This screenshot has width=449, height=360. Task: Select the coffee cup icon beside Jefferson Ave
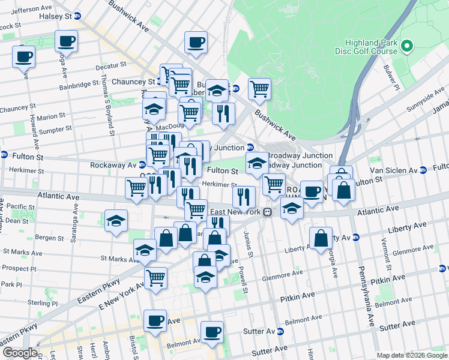tap(67, 41)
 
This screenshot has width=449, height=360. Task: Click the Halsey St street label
tap(59, 17)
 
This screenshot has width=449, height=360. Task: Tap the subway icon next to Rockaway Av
tap(143, 165)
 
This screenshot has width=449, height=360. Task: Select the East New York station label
tap(234, 212)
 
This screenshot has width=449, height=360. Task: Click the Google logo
tap(19, 353)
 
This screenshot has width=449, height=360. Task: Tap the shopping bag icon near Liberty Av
tap(321, 238)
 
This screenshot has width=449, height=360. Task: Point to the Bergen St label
tap(45, 238)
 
